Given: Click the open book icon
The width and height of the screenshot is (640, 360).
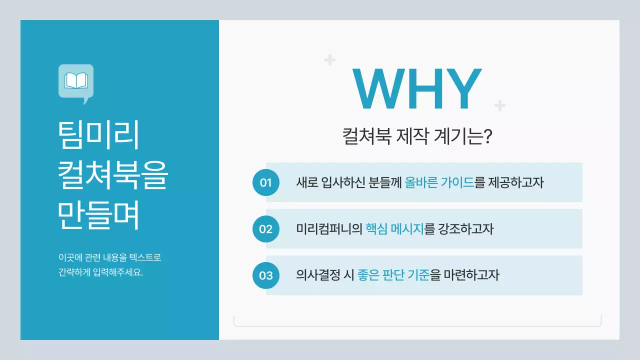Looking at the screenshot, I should (76, 81).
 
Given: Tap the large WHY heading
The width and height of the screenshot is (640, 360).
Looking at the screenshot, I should (416, 90).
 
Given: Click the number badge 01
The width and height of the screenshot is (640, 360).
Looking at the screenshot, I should (265, 182).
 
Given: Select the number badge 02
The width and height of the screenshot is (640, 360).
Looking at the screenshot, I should (265, 229).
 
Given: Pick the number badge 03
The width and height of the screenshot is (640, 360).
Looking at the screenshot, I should (265, 275).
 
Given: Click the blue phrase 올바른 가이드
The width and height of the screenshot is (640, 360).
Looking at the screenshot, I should (439, 182).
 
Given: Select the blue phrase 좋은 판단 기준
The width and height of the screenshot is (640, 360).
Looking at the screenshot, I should (394, 275).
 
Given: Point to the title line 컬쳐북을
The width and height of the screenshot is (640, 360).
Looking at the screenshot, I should (112, 175).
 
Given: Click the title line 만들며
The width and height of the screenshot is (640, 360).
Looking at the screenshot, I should (98, 216).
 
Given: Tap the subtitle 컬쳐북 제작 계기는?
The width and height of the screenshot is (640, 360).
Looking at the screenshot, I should (417, 136).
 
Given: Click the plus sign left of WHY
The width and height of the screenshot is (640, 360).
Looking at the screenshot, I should (329, 60).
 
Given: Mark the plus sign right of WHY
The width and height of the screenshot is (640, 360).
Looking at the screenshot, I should (499, 105).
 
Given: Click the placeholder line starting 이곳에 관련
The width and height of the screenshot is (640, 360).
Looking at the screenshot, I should (109, 258).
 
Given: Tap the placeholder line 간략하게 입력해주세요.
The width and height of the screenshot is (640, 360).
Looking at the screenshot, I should (100, 273).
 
